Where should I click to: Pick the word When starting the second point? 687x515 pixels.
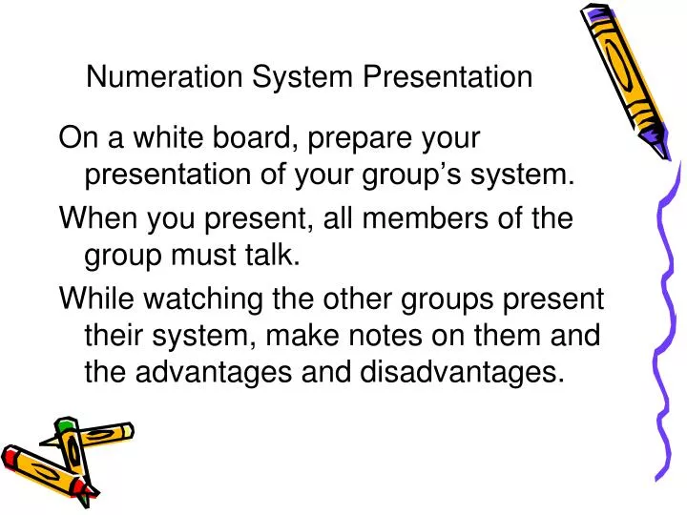[x=95, y=217]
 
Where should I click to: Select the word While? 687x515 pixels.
[x=94, y=299]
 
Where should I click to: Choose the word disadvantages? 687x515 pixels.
[x=457, y=373]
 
